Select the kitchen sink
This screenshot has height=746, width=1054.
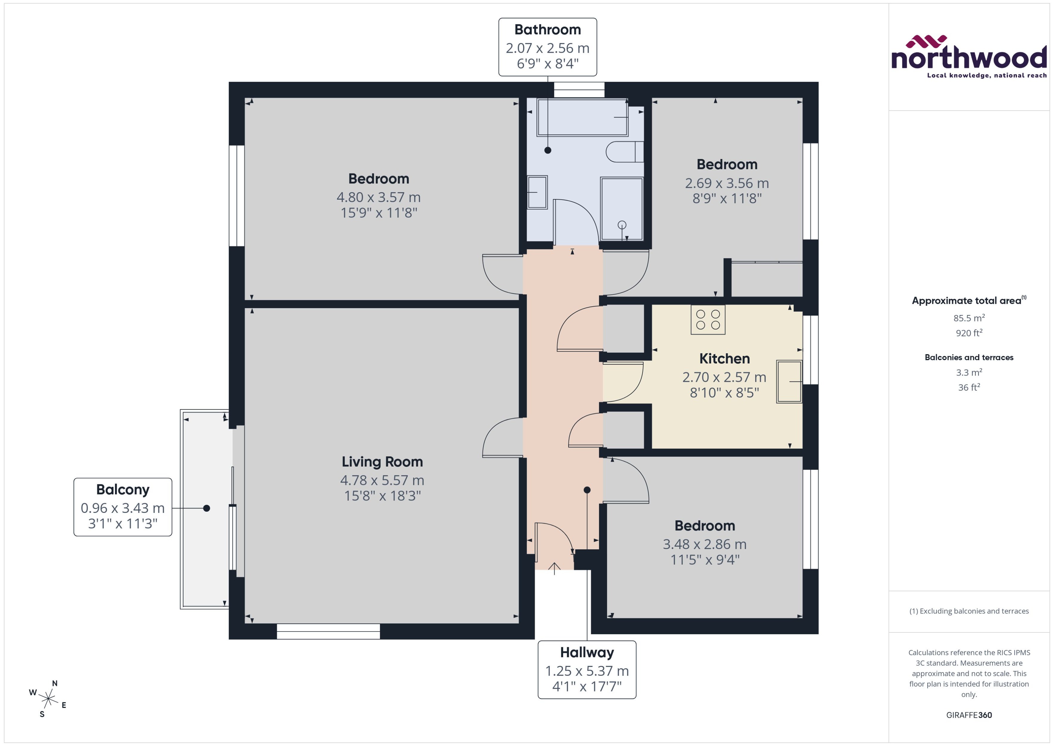click(x=789, y=381)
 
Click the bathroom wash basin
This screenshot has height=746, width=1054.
click(x=537, y=192)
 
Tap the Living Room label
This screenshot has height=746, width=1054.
click(x=382, y=462)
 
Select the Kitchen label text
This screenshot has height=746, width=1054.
click(x=724, y=359)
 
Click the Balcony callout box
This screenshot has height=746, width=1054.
click(x=123, y=507)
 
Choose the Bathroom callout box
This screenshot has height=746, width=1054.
click(x=547, y=47)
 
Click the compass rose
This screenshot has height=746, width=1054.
click(x=48, y=699)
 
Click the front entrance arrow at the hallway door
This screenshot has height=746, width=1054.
click(x=554, y=568)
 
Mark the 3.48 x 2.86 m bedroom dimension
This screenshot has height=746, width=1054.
click(x=704, y=544)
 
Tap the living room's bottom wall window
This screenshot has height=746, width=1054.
click(x=328, y=631)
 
